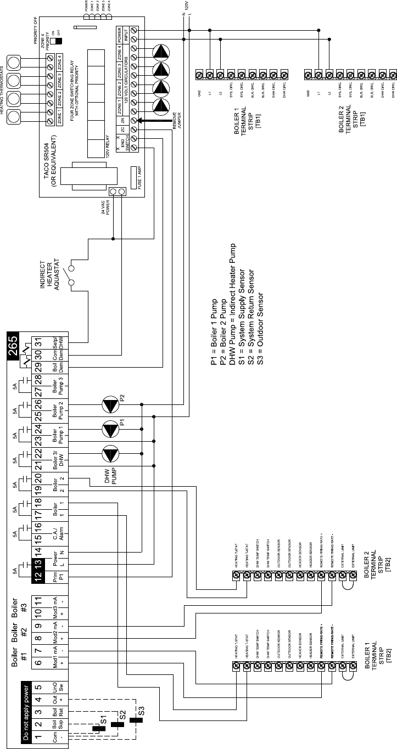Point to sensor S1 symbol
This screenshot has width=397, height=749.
tap(99, 728)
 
